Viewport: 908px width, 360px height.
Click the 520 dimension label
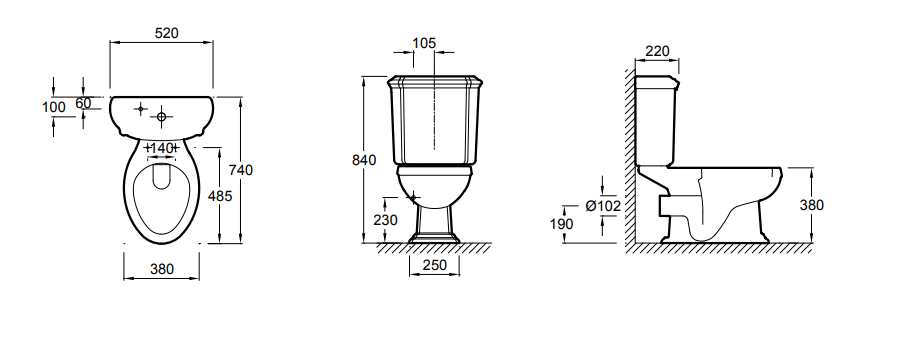tap(167, 33)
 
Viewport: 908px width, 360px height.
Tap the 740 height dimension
tap(241, 170)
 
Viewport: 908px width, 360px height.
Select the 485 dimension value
tap(220, 196)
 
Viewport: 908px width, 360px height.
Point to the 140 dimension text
tap(162, 149)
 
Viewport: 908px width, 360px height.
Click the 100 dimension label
tap(54, 107)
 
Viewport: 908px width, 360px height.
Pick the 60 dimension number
tap(83, 103)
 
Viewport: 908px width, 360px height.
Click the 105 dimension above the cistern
tap(424, 43)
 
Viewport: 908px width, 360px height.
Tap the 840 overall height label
tap(364, 160)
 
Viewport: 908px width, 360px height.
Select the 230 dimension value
tap(385, 220)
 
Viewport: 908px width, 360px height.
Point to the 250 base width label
tap(435, 265)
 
